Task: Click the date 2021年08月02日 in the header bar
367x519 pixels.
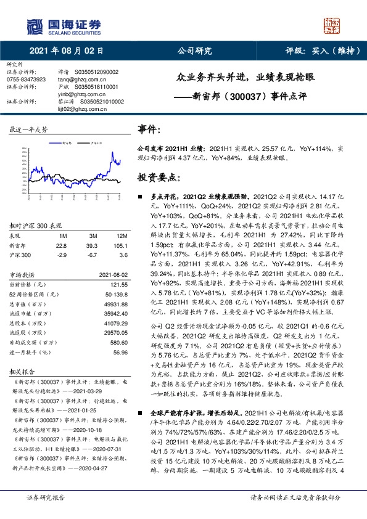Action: coord(66,51)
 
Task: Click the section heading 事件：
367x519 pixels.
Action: coord(151,131)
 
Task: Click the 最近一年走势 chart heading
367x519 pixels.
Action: coord(29,131)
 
